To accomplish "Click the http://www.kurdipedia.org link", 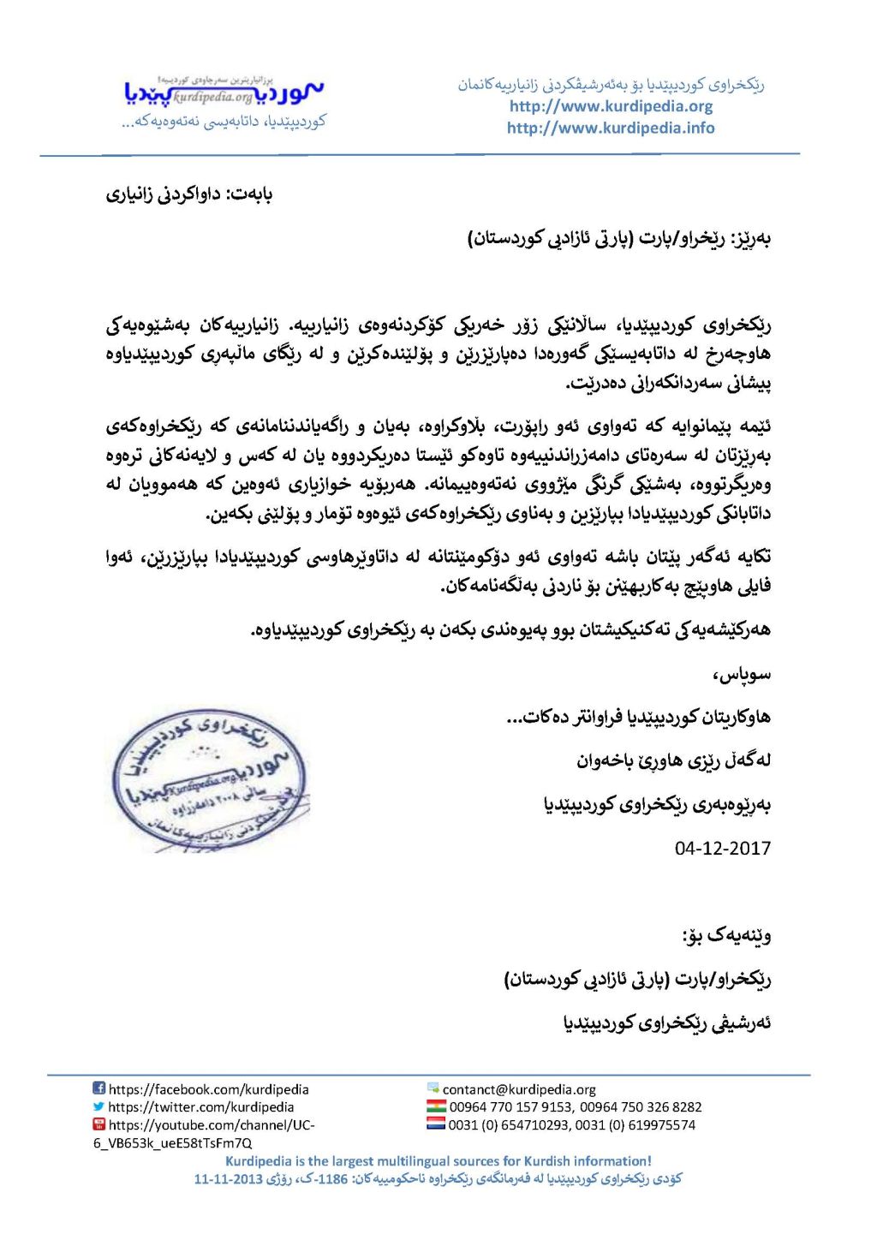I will click(611, 106).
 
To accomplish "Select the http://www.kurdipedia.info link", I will click(611, 128).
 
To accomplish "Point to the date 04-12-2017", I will click(722, 848).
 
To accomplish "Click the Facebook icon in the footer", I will click(99, 1088).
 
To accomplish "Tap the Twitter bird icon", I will click(99, 1106).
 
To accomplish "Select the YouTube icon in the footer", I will click(99, 1124).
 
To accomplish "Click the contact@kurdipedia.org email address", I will click(519, 1089).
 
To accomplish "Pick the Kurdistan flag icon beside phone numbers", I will click(436, 1106).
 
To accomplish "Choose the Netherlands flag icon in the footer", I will click(436, 1124).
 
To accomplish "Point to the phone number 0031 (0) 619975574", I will click(644, 1124).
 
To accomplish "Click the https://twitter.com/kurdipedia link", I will click(201, 1106).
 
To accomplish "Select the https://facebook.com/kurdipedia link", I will click(209, 1089).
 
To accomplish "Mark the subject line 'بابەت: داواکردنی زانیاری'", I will click(189, 194).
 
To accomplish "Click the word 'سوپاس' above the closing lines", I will click(742, 675).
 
